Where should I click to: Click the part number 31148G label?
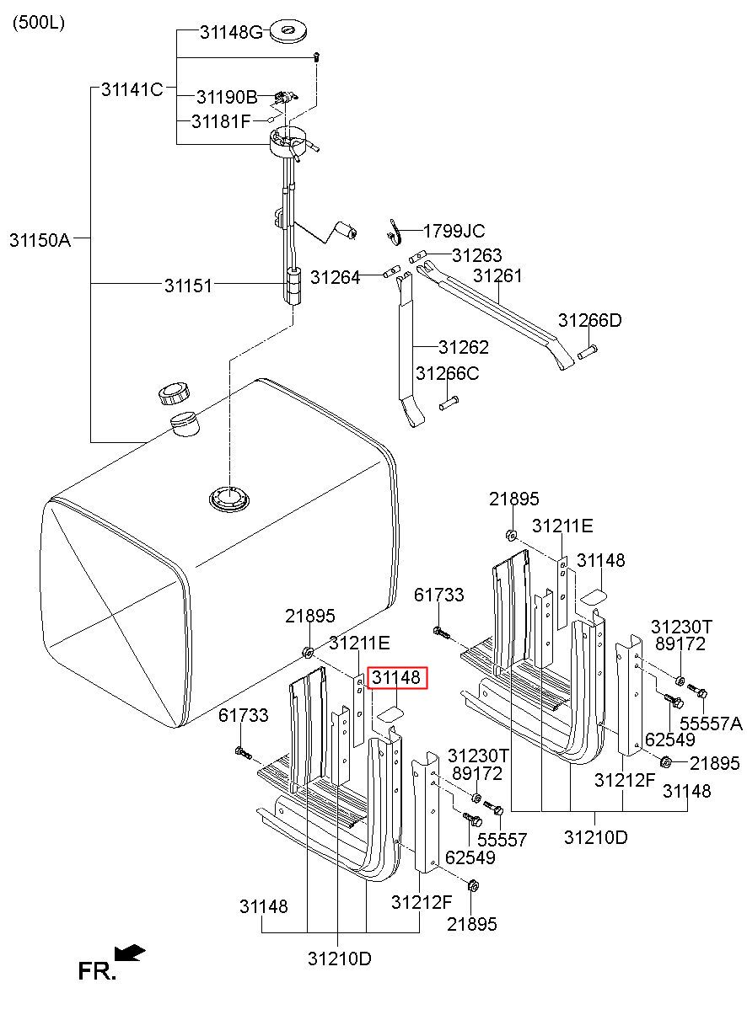coord(232,32)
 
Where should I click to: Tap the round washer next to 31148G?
coord(288,33)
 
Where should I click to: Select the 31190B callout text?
coord(227,97)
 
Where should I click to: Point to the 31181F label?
coord(221,121)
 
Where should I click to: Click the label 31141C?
coord(132,89)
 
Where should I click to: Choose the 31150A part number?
coord(40,240)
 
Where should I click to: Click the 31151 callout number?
coord(188,286)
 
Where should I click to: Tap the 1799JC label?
coord(454,232)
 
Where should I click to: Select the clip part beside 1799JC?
coord(395,232)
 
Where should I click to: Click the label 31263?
coord(476,255)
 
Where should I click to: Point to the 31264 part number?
coord(335,277)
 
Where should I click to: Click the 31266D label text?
coord(590,321)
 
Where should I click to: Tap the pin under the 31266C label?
coord(449,403)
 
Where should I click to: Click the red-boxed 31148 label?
coord(396,677)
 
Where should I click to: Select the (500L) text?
coord(39,23)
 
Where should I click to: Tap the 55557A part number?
coord(711,724)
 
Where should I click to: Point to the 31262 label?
coord(464,347)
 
